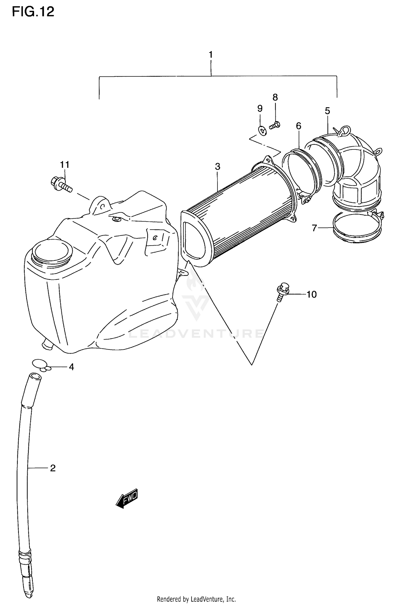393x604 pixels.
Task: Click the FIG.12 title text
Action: pyautogui.click(x=33, y=12)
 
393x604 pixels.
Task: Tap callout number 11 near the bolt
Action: pyautogui.click(x=65, y=165)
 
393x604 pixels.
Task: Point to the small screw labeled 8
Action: pyautogui.click(x=275, y=125)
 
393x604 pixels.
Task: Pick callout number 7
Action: pyautogui.click(x=315, y=228)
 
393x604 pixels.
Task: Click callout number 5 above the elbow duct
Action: pyautogui.click(x=327, y=111)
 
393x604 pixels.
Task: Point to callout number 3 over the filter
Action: pyautogui.click(x=217, y=167)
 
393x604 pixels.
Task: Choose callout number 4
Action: pyautogui.click(x=71, y=367)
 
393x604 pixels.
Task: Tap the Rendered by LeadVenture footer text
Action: pyautogui.click(x=196, y=599)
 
